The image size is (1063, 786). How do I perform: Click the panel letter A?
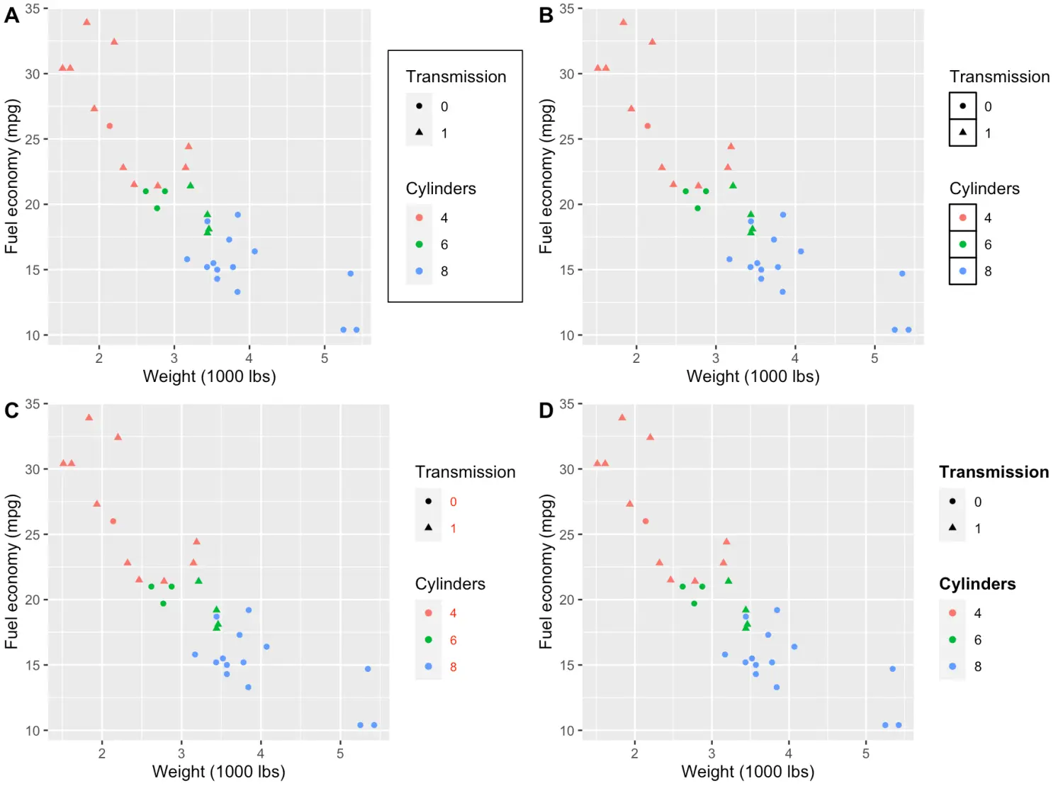click(11, 15)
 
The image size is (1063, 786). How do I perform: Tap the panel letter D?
click(546, 410)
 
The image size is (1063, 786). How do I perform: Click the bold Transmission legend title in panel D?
click(994, 472)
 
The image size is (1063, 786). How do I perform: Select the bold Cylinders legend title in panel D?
click(977, 584)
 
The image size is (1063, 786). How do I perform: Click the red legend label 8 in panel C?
click(454, 667)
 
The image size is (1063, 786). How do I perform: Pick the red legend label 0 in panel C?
click(454, 502)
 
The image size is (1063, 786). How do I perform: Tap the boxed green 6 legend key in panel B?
click(962, 245)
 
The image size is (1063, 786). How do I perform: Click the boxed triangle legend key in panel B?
click(962, 133)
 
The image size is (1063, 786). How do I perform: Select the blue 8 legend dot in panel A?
click(419, 271)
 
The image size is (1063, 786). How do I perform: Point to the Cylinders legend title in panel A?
click(441, 189)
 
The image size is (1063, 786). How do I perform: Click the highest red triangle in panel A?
click(86, 22)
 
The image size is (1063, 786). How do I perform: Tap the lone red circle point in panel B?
click(647, 126)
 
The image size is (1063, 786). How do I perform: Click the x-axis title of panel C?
click(218, 772)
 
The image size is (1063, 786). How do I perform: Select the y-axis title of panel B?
click(546, 176)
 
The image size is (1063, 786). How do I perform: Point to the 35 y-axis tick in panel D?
click(566, 404)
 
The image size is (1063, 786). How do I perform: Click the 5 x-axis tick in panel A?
click(325, 359)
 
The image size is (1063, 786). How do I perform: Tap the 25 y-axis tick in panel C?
click(33, 534)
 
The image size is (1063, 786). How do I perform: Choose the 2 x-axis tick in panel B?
click(636, 359)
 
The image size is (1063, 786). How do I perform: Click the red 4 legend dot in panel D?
click(952, 613)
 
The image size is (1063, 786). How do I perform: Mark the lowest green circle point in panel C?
click(163, 604)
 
